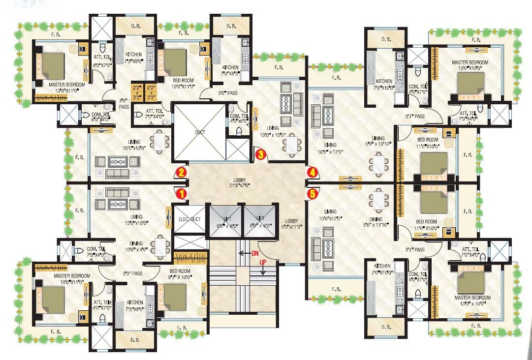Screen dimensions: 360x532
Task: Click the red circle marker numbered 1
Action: [182, 194]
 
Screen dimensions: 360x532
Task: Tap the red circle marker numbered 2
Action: [182, 172]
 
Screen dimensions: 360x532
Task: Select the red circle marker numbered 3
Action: [261, 154]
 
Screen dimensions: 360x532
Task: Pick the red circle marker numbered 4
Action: [312, 172]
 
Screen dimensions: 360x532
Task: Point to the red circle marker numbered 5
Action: [312, 194]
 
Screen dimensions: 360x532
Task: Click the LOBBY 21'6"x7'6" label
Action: [246, 183]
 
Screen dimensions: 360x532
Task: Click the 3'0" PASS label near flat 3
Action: [228, 92]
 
